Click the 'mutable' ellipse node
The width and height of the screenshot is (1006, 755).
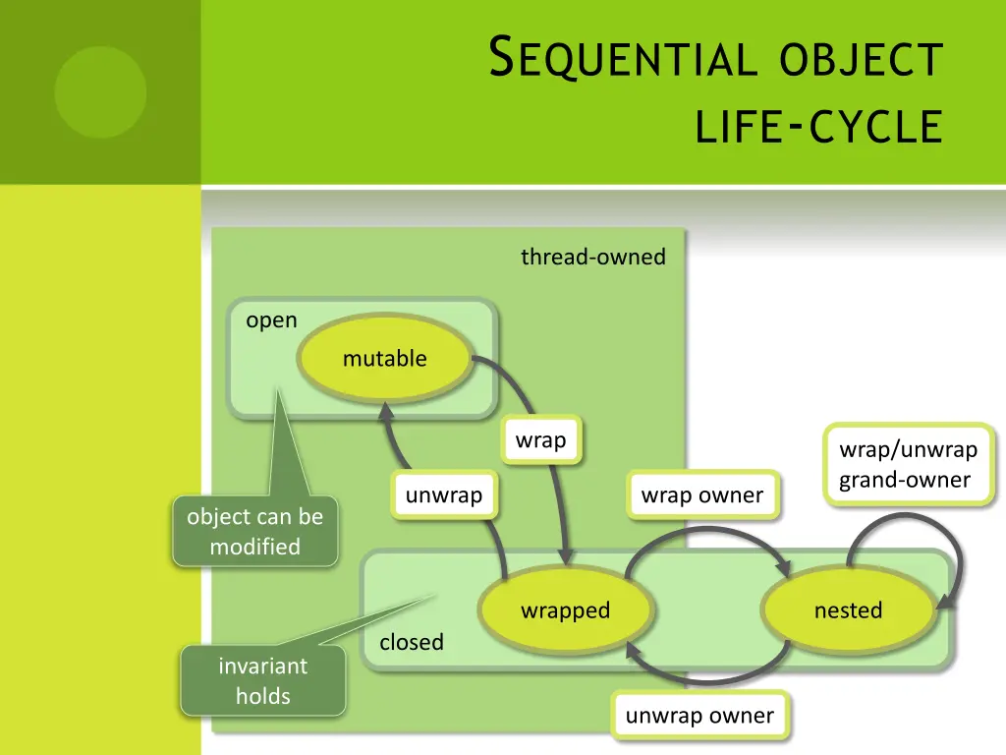tap(384, 359)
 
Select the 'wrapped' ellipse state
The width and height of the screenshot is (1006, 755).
tap(565, 610)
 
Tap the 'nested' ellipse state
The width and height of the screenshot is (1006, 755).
tap(848, 610)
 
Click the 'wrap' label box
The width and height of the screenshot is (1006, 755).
tap(541, 440)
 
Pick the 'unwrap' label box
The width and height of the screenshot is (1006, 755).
tap(443, 495)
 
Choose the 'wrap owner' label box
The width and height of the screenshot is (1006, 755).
tap(701, 495)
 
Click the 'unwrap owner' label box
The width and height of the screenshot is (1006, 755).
tap(699, 716)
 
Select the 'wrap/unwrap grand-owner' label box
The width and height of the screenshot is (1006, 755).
tap(908, 465)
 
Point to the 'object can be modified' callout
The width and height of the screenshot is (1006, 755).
tap(254, 532)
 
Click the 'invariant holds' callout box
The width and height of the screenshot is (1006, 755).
tap(262, 680)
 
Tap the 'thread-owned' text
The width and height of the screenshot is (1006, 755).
tap(592, 258)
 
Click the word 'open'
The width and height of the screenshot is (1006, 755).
tap(271, 320)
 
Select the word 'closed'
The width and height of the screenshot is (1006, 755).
tap(411, 642)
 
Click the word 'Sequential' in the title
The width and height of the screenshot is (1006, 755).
tap(623, 60)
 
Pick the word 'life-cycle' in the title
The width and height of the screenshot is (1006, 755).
tap(818, 128)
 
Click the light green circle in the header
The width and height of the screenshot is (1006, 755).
tap(100, 92)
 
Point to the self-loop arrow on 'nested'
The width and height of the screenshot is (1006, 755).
tap(909, 531)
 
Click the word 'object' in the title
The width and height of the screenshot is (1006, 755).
tap(861, 60)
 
